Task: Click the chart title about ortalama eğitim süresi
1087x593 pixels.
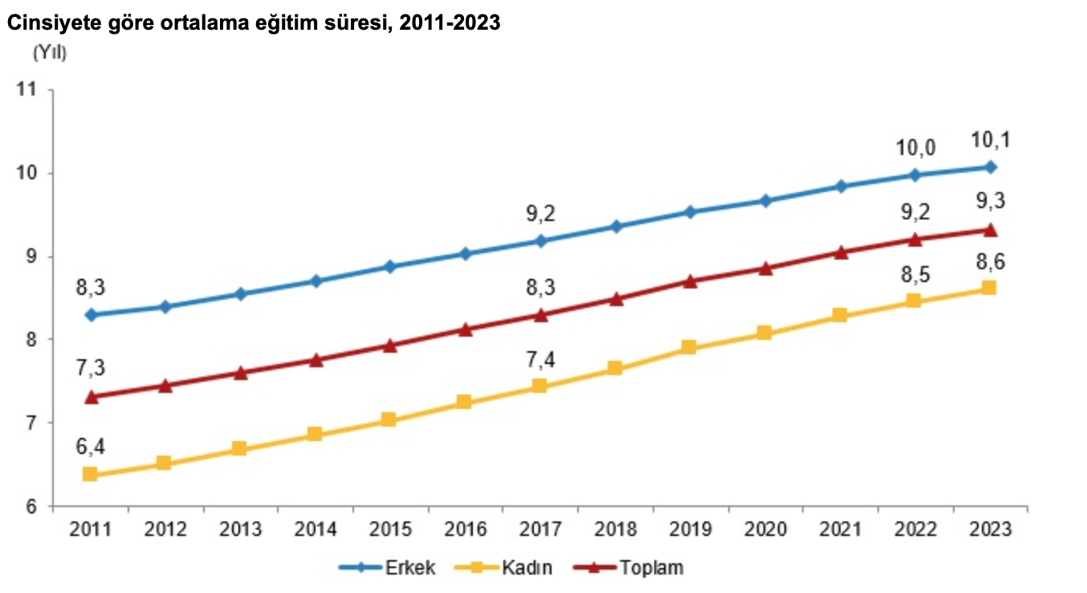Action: [254, 24]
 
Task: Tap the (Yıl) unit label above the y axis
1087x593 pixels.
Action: [50, 54]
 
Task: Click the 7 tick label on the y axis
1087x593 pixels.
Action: [33, 423]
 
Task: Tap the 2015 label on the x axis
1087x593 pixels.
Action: [389, 530]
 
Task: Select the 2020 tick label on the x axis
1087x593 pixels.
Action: [764, 530]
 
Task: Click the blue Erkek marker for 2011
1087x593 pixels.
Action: [91, 315]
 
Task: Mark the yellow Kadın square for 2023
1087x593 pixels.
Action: [989, 288]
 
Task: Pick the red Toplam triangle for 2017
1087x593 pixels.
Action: [540, 315]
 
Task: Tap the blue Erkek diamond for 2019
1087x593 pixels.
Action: [690, 212]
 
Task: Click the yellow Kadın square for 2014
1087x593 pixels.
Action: [315, 435]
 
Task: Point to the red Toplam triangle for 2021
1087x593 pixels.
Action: [840, 252]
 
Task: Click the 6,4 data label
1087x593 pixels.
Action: [90, 446]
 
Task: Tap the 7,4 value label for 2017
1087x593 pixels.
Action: [539, 359]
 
